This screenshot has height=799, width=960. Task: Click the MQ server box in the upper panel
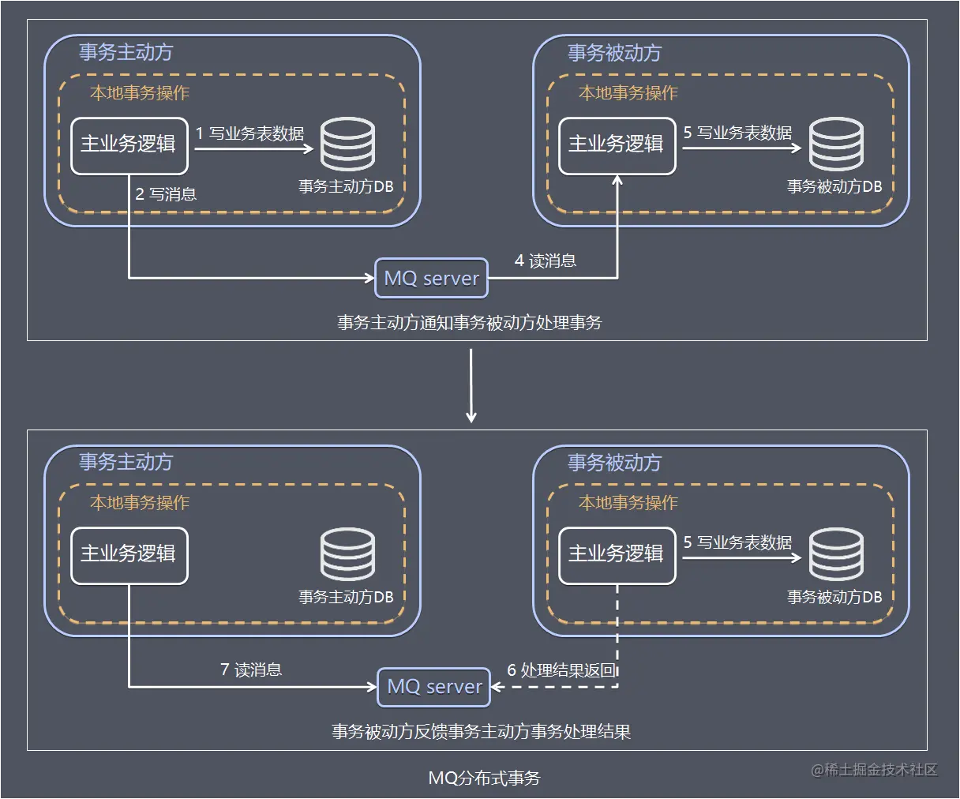[431, 278]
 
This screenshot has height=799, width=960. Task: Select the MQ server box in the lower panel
[434, 686]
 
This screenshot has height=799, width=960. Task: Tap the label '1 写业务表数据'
[249, 133]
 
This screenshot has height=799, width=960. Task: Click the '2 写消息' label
[166, 194]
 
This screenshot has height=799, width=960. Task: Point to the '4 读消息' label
[546, 261]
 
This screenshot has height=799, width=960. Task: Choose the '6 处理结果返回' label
[561, 670]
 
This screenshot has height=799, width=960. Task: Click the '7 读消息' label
[251, 670]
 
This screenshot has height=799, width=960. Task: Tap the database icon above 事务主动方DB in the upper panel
[347, 144]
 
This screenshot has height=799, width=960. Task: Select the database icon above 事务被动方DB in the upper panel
[836, 144]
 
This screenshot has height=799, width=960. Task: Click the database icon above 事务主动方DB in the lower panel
[347, 554]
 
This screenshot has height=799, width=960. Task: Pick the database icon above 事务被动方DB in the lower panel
[836, 554]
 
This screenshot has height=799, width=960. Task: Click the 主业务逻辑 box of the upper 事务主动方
[129, 145]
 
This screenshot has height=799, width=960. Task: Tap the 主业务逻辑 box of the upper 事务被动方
[617, 145]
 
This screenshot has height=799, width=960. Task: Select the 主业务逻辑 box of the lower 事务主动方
[129, 555]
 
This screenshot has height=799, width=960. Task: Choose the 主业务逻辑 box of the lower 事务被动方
[617, 555]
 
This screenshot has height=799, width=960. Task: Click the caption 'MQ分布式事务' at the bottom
[484, 778]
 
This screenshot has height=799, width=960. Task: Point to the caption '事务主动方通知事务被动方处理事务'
[470, 322]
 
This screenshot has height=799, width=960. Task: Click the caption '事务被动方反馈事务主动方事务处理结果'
[481, 731]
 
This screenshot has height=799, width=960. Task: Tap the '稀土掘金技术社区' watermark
[875, 769]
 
